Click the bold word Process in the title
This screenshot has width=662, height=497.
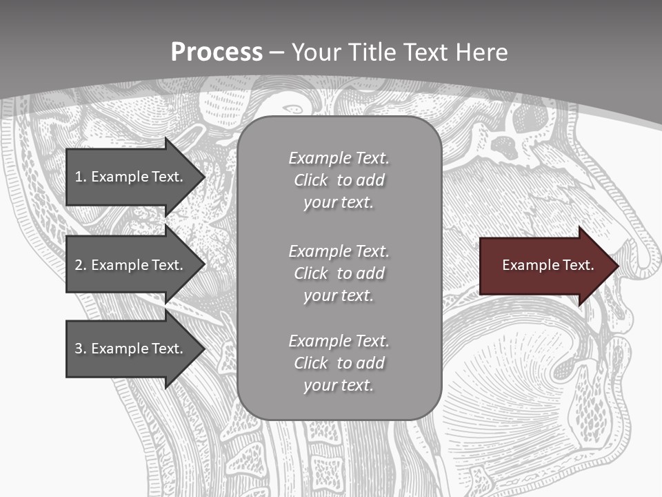point(217,52)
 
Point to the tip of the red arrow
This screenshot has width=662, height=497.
point(617,266)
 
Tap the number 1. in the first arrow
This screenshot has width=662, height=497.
point(81,177)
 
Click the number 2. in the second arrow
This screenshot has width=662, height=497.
point(81,265)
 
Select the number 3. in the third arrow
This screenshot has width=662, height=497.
point(81,349)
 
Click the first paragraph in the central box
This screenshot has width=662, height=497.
point(339,180)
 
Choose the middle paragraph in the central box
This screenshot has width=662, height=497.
point(339,273)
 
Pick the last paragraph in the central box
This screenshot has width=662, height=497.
point(339,363)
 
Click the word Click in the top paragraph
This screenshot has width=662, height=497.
point(310,180)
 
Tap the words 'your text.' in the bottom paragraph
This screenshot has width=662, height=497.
point(338,385)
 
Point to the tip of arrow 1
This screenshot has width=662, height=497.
point(204,177)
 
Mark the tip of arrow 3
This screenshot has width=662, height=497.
point(204,349)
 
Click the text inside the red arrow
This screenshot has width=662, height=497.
point(548,265)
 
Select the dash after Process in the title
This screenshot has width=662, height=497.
point(277,52)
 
